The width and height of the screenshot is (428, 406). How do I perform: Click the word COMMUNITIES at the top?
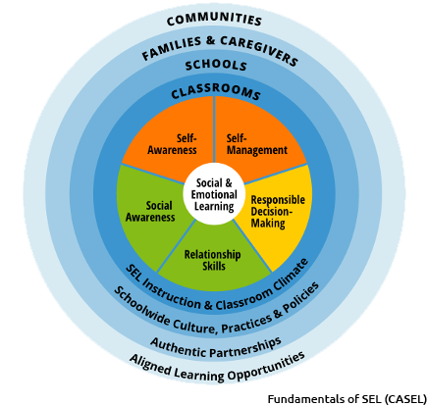pyautogui.click(x=214, y=20)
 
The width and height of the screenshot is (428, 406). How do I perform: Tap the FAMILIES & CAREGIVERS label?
pyautogui.click(x=219, y=48)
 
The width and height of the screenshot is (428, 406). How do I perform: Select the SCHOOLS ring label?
pyautogui.click(x=215, y=66)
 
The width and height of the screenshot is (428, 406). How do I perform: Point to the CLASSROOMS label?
pyautogui.click(x=216, y=93)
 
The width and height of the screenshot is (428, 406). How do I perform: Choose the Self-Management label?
pyautogui.click(x=250, y=144)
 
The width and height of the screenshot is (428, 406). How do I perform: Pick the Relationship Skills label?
pyautogui.click(x=213, y=258)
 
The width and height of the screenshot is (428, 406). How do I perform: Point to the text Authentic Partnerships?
pyautogui.click(x=215, y=342)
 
